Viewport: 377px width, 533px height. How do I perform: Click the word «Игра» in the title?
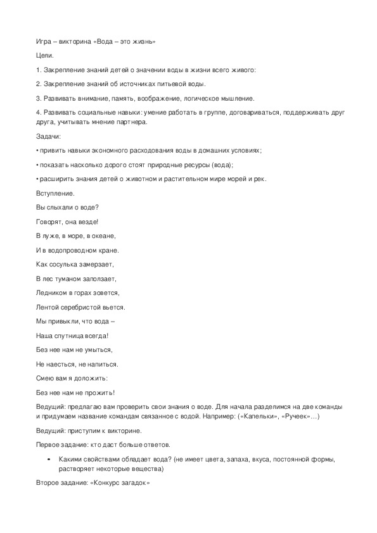pyautogui.click(x=44, y=42)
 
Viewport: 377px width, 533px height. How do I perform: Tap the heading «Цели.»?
pyautogui.click(x=44, y=56)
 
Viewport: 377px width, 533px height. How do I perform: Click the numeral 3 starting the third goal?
pyautogui.click(x=38, y=98)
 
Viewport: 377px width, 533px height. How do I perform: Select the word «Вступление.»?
pyautogui.click(x=55, y=193)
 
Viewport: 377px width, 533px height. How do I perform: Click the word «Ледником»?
pyautogui.click(x=51, y=292)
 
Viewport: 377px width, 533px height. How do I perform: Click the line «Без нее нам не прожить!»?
pyautogui.click(x=75, y=392)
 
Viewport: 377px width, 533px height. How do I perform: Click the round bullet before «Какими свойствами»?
pyautogui.click(x=49, y=458)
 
